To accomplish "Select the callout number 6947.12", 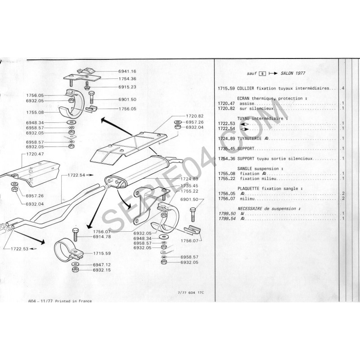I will tap(102, 265).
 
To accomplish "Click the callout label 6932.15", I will tap(102, 271).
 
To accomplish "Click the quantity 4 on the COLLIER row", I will tap(343, 88).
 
